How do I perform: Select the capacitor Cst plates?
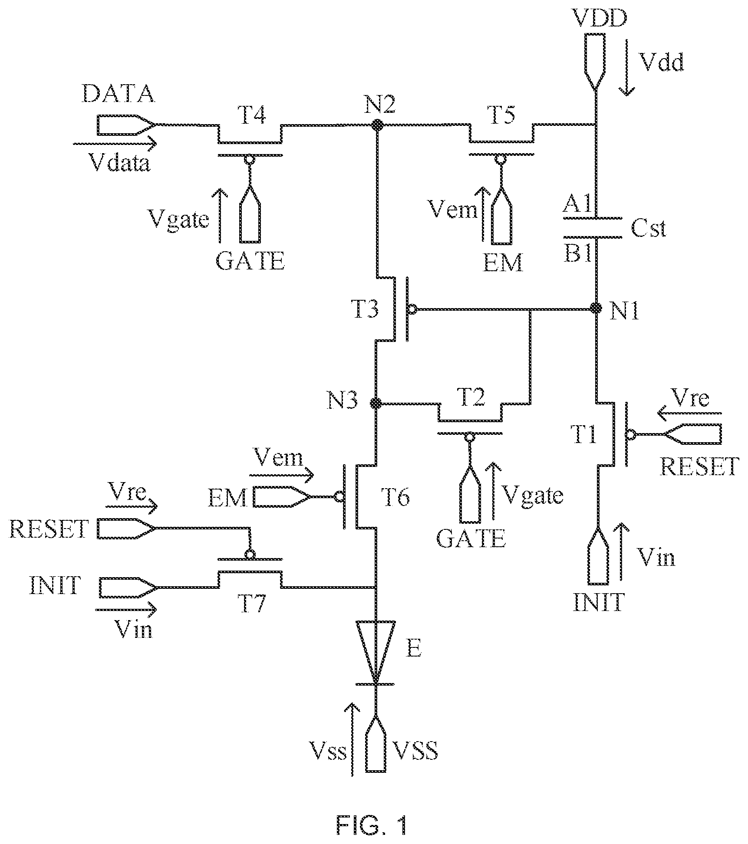[593, 227]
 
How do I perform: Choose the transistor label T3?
[364, 309]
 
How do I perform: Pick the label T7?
[252, 604]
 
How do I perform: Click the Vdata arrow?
[114, 142]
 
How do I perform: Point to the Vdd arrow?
[626, 67]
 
